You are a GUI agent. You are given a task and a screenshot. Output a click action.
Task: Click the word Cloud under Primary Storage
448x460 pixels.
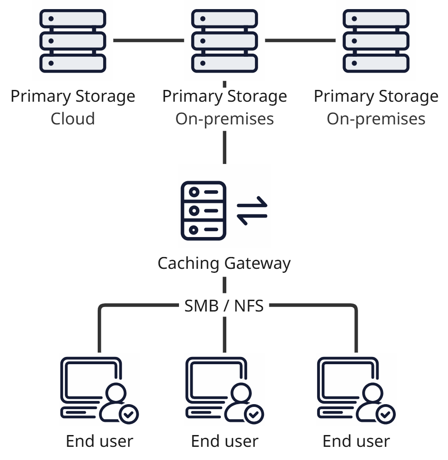click(x=73, y=119)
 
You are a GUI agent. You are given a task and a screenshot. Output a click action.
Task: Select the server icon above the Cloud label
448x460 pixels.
click(x=73, y=41)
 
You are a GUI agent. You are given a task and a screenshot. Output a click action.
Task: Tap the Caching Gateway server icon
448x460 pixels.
click(x=203, y=211)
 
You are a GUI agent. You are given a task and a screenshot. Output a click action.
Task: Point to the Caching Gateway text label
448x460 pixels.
click(x=224, y=263)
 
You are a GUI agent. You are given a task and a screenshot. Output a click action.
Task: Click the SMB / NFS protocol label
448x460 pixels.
click(x=224, y=306)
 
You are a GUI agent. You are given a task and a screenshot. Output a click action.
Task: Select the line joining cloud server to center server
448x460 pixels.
click(x=149, y=40)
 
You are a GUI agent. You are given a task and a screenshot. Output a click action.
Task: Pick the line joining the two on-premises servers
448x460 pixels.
click(x=300, y=40)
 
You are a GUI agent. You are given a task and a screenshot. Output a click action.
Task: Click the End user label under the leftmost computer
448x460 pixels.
click(x=100, y=441)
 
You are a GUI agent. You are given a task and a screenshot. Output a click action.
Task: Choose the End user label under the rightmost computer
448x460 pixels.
click(x=356, y=441)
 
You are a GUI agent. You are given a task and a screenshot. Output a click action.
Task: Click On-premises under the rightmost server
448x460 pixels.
click(x=376, y=119)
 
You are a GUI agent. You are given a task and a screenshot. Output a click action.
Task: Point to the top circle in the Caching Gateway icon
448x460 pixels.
click(x=194, y=192)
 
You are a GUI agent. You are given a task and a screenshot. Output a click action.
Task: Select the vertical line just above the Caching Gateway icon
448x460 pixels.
click(x=224, y=148)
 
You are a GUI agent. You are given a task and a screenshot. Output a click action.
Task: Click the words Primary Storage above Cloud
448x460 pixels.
click(x=73, y=96)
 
